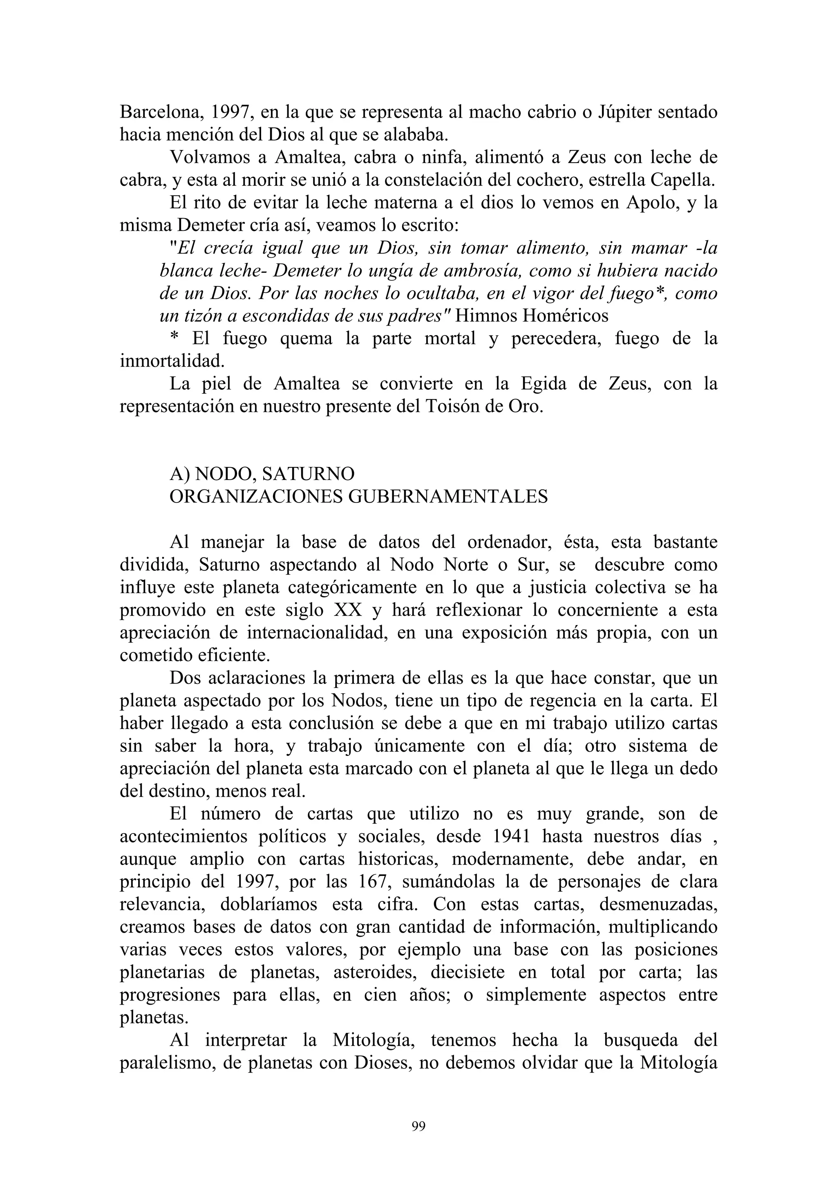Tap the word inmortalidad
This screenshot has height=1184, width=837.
[172, 361]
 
